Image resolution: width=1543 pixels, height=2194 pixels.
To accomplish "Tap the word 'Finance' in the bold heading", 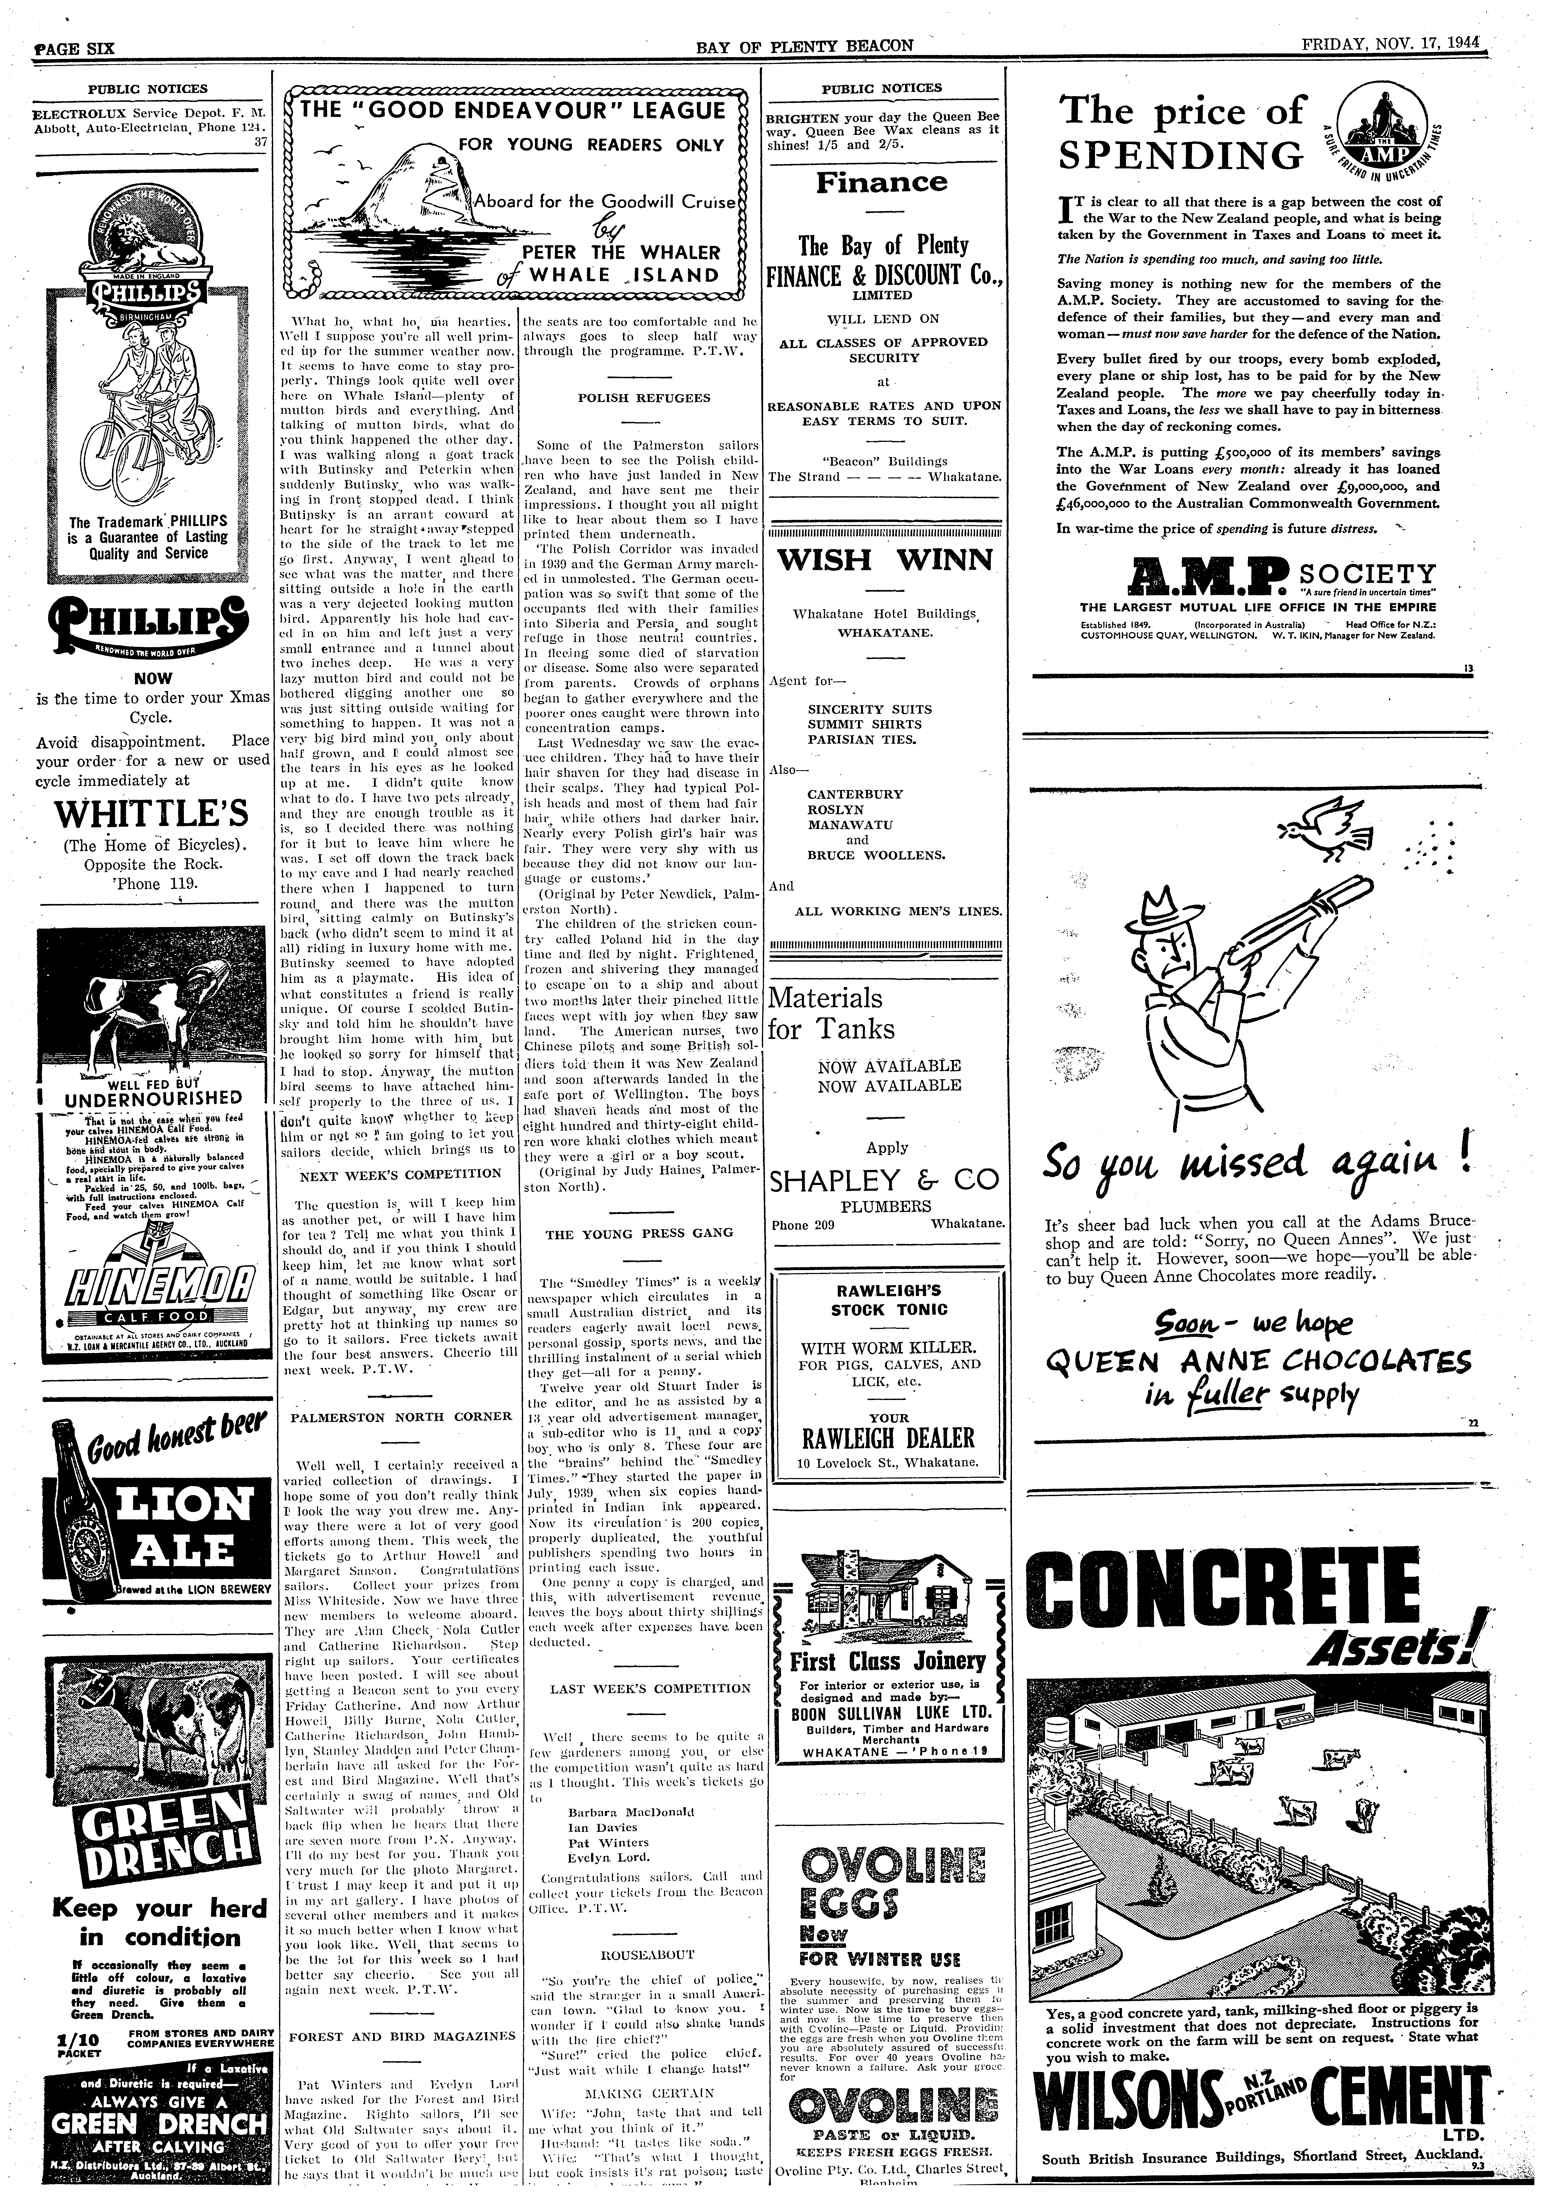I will pyautogui.click(x=882, y=183).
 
